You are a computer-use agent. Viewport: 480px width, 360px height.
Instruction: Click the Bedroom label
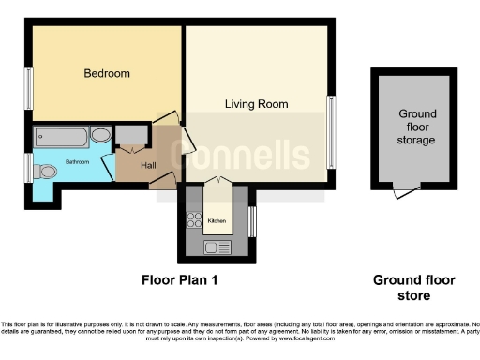[106, 73]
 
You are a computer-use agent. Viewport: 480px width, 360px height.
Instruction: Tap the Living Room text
[256, 104]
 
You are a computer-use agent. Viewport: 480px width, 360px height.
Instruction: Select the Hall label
[148, 165]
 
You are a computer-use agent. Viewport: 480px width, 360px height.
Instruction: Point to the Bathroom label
[77, 163]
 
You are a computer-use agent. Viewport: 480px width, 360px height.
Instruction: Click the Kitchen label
[217, 221]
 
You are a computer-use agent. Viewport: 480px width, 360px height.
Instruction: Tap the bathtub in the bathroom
[62, 137]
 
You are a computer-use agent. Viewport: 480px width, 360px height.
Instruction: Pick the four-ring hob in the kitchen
[195, 221]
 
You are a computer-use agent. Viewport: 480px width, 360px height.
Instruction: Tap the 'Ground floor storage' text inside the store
[415, 127]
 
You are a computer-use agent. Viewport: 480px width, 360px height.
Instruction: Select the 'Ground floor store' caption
[414, 288]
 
